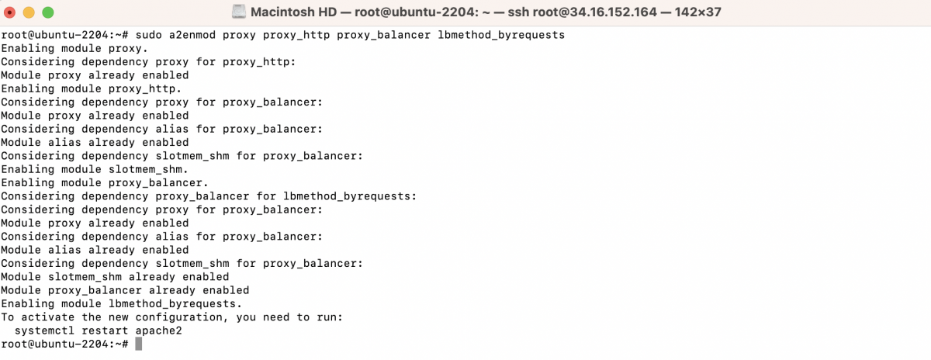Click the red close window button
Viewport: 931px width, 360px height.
9,12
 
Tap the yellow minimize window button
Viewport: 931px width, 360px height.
29,12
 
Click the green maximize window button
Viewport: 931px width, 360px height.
48,12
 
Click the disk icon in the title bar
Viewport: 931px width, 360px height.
239,12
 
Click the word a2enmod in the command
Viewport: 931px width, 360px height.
192,35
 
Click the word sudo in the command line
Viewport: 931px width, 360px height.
149,35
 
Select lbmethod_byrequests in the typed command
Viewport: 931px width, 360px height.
501,36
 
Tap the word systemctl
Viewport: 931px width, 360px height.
44,331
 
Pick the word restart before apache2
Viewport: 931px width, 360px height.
105,331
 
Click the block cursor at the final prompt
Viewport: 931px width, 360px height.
139,344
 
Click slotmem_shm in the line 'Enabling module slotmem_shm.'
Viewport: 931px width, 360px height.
145,170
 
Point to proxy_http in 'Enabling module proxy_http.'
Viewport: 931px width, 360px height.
142,89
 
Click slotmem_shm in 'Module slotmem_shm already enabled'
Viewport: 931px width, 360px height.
85,277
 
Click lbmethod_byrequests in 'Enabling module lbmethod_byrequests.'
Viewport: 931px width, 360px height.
172,304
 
